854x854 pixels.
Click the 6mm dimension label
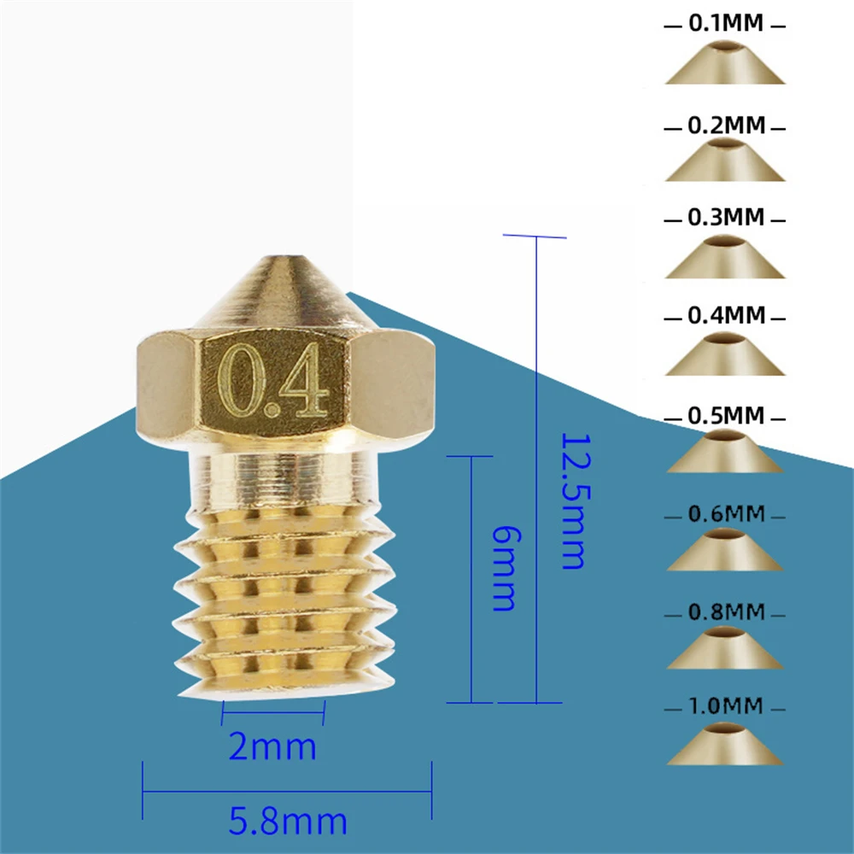click(x=503, y=568)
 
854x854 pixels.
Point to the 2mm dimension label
click(x=273, y=747)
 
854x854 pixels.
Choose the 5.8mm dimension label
click(x=288, y=822)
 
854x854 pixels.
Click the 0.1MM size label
click(x=725, y=24)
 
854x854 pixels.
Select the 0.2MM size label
click(x=725, y=126)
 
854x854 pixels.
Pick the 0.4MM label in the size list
click(x=725, y=315)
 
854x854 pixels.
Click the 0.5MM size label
click(x=725, y=416)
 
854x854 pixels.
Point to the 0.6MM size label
click(x=725, y=514)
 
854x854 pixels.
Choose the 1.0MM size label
click(x=725, y=707)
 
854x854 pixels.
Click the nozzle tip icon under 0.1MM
click(x=724, y=62)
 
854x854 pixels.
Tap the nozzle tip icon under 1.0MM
click(x=724, y=745)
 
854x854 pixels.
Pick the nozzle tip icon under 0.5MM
click(x=724, y=453)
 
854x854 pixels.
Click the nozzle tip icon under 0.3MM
click(x=724, y=257)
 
